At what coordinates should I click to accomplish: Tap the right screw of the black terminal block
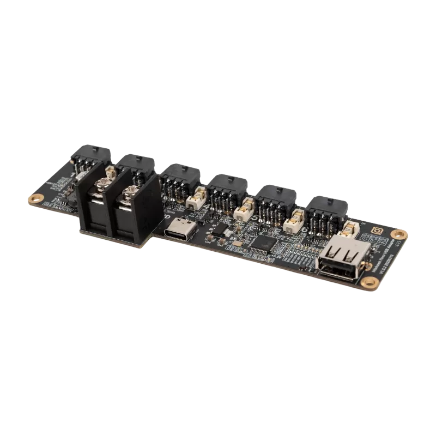tap(130, 194)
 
